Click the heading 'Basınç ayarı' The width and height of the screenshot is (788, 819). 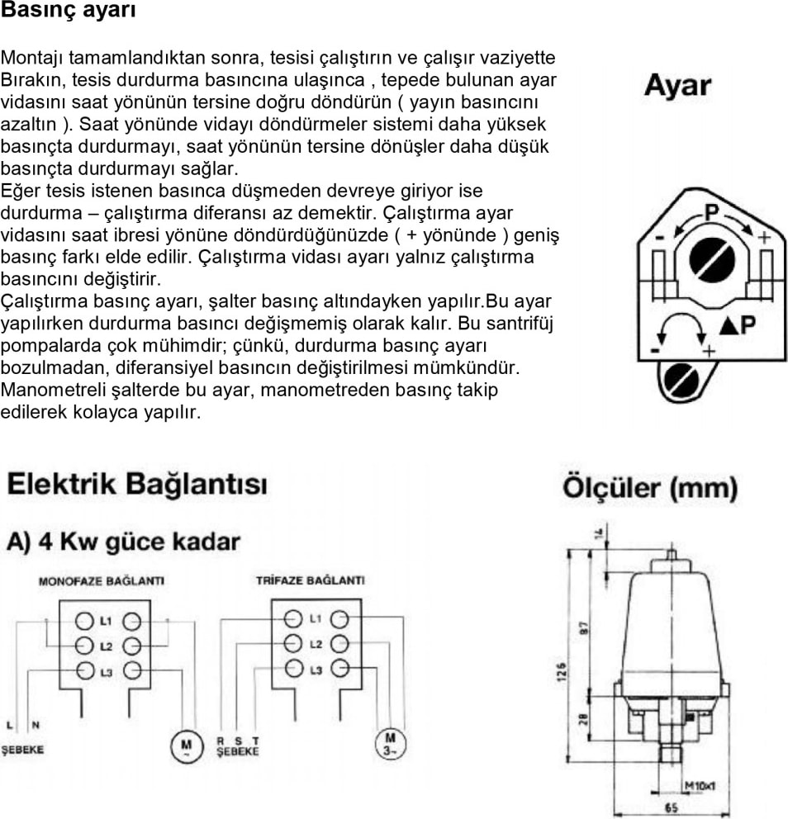pyautogui.click(x=69, y=12)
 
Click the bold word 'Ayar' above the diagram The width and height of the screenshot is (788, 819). pyautogui.click(x=678, y=85)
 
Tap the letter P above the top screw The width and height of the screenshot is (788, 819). pyautogui.click(x=710, y=212)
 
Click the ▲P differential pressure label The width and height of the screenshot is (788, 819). pyautogui.click(x=737, y=324)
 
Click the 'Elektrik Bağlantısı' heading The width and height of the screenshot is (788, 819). pyautogui.click(x=137, y=484)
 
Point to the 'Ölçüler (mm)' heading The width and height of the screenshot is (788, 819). pyautogui.click(x=649, y=487)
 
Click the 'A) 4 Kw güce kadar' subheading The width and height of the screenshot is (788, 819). pyautogui.click(x=124, y=542)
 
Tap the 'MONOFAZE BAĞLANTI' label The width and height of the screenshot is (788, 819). pyautogui.click(x=102, y=581)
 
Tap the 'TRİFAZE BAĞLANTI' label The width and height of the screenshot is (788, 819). pyautogui.click(x=310, y=581)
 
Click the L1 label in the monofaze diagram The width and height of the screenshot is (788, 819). pyautogui.click(x=106, y=619)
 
